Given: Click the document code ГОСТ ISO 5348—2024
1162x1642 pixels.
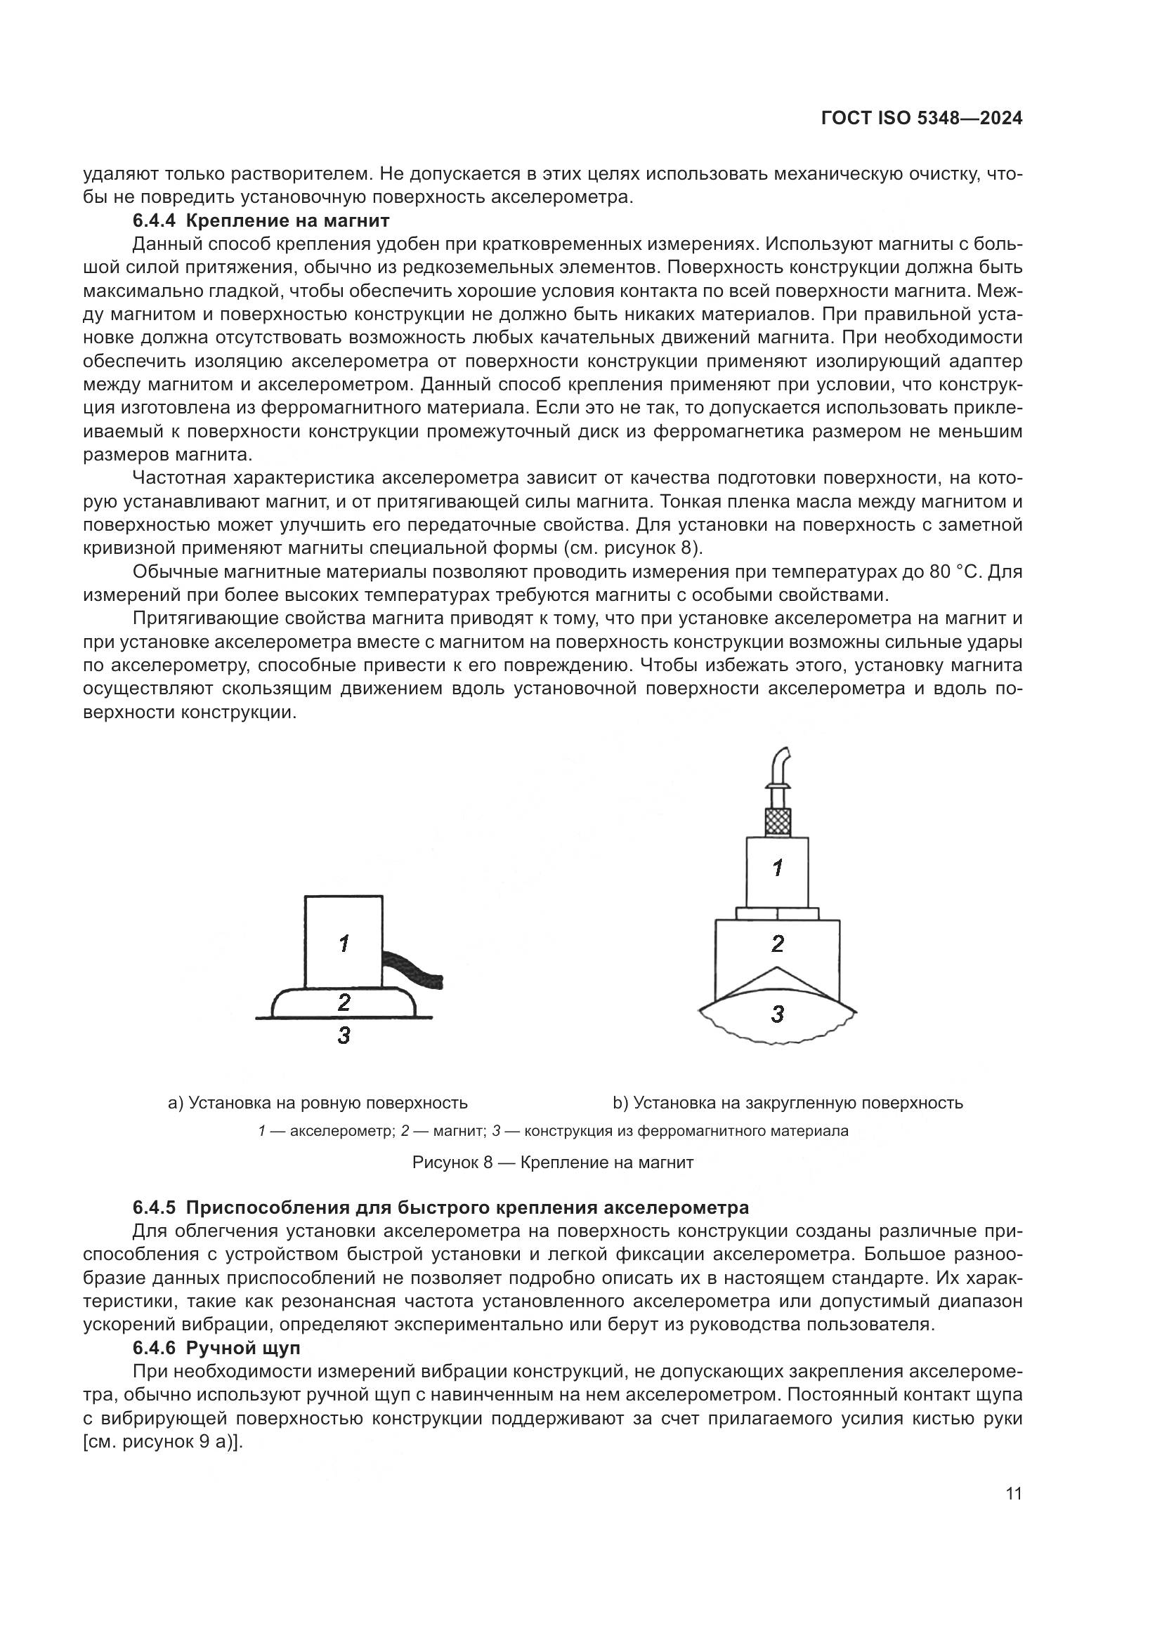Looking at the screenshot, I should (x=921, y=119).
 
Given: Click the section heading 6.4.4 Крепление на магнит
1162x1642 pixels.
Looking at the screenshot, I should (x=261, y=220).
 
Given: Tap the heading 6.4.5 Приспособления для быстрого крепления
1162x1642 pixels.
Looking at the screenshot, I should (x=440, y=1208).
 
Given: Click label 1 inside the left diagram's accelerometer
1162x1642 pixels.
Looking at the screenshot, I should (x=344, y=944).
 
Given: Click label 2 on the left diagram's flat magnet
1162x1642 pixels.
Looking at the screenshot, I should (x=344, y=1002).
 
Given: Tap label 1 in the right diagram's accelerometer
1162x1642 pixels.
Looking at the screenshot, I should (x=778, y=868).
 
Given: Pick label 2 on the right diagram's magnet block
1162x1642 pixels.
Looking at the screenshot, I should (x=778, y=944).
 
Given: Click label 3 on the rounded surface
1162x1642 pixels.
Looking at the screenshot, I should (x=778, y=1014).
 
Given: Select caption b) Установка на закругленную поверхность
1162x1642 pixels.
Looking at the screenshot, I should (x=787, y=1103).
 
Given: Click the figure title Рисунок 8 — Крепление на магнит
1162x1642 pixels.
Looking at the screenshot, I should (x=552, y=1162).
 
